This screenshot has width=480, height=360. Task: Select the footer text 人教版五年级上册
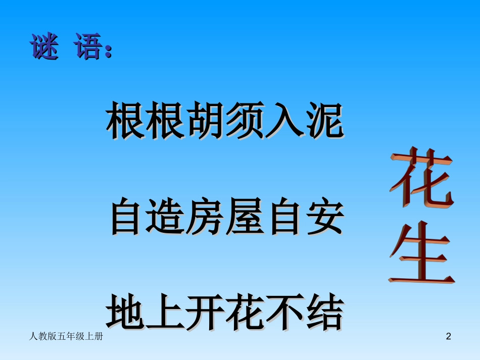click(x=67, y=336)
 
